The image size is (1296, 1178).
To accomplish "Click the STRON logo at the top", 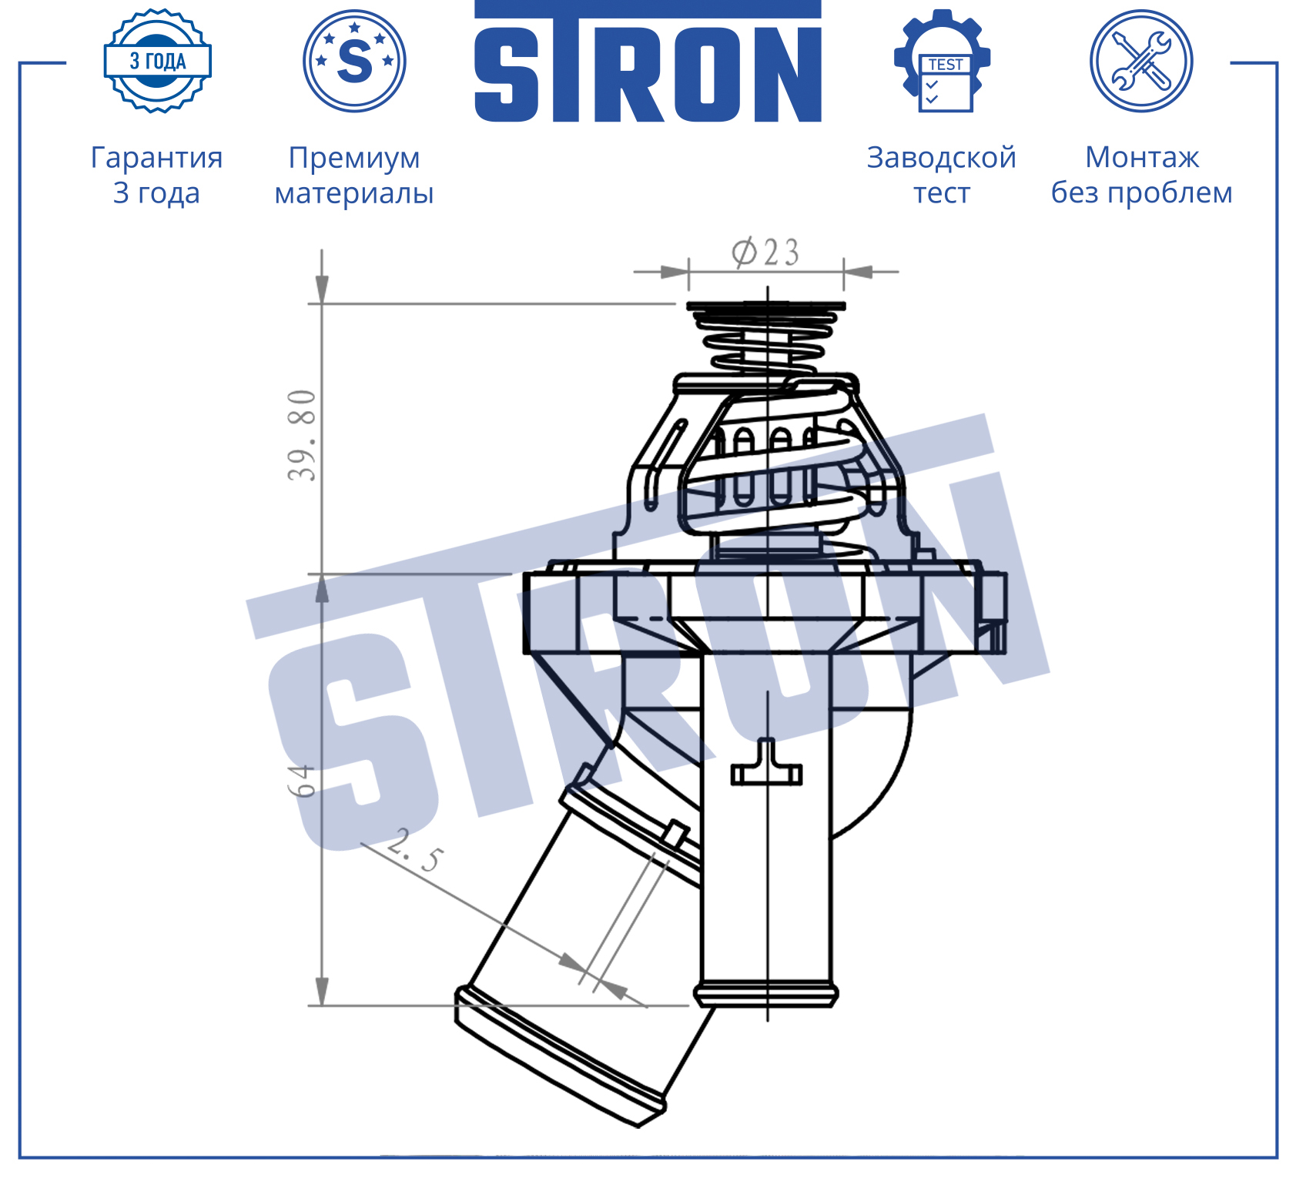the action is click(648, 62).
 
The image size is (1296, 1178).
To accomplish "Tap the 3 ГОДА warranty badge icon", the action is click(158, 61).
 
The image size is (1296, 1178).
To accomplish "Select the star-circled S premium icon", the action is click(354, 61).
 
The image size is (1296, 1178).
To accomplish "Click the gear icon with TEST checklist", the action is click(943, 61).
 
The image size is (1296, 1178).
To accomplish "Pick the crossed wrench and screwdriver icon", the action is click(1141, 61).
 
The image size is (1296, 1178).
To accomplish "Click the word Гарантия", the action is click(157, 158).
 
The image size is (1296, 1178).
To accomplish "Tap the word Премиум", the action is click(354, 159).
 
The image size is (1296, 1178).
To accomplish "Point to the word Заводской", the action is click(942, 157).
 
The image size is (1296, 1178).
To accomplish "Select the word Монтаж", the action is click(1142, 157).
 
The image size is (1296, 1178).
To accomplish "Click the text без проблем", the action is click(1142, 192).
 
